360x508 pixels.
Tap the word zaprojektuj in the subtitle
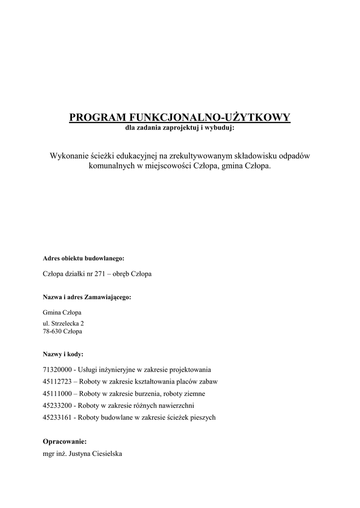pos(178,128)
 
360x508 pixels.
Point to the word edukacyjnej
pos(136,156)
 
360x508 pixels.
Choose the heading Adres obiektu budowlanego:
pos(83,259)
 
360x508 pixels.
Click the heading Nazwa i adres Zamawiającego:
pos(87,297)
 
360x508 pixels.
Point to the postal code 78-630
pos(53,331)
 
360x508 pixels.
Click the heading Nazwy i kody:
pos(63,355)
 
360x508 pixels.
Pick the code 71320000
pos(58,370)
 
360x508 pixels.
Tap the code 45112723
pos(58,381)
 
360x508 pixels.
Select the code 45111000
pos(58,393)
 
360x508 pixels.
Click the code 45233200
pos(58,405)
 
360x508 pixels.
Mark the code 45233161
pos(58,417)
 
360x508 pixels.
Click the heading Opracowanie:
pos(65,441)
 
